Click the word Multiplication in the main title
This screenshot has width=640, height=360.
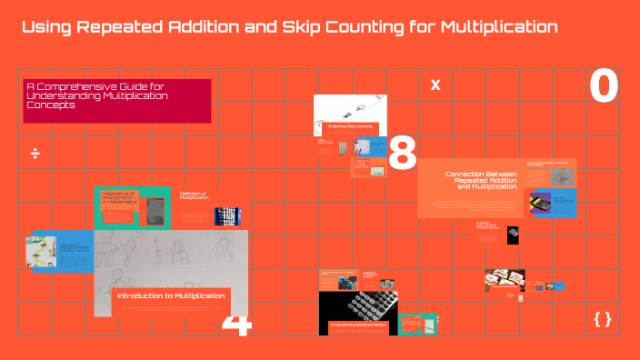(498, 27)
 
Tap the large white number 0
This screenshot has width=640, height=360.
(604, 87)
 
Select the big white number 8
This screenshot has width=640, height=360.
(402, 155)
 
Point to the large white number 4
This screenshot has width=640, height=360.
(235, 325)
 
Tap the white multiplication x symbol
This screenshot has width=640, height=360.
(435, 85)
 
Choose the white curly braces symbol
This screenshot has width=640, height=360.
(602, 319)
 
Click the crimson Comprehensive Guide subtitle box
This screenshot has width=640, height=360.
(117, 100)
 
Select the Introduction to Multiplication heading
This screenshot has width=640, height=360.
(172, 296)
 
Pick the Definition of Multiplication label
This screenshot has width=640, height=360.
(193, 195)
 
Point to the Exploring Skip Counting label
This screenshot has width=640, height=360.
(350, 126)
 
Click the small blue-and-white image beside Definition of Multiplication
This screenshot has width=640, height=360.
(226, 216)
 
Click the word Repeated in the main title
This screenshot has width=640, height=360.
(123, 27)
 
